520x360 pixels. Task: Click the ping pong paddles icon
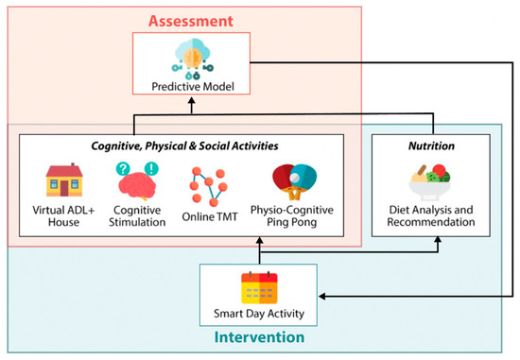pos(294,182)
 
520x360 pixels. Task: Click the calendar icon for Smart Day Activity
pos(257,287)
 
